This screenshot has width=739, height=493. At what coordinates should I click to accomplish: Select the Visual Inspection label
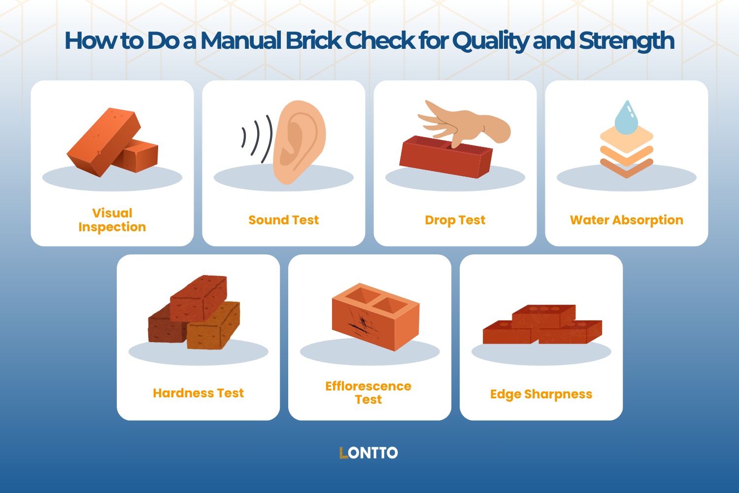[x=112, y=220]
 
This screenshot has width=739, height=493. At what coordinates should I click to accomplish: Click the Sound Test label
[x=283, y=220]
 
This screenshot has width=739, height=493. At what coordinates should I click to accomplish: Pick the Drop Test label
[x=455, y=220]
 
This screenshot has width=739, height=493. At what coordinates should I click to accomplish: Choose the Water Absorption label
[x=626, y=220]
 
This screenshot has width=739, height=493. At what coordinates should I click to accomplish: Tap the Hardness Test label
[x=198, y=393]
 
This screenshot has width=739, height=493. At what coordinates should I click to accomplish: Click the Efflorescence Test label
[x=369, y=393]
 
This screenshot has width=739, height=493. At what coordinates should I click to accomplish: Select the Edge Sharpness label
[x=541, y=394]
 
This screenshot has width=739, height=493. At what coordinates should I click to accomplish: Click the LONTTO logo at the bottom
[x=369, y=453]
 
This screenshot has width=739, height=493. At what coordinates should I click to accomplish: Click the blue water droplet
[x=626, y=118]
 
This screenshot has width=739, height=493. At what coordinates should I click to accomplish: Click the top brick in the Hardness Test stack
[x=199, y=297]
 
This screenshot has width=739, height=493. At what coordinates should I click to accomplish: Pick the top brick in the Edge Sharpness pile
[x=543, y=316]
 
